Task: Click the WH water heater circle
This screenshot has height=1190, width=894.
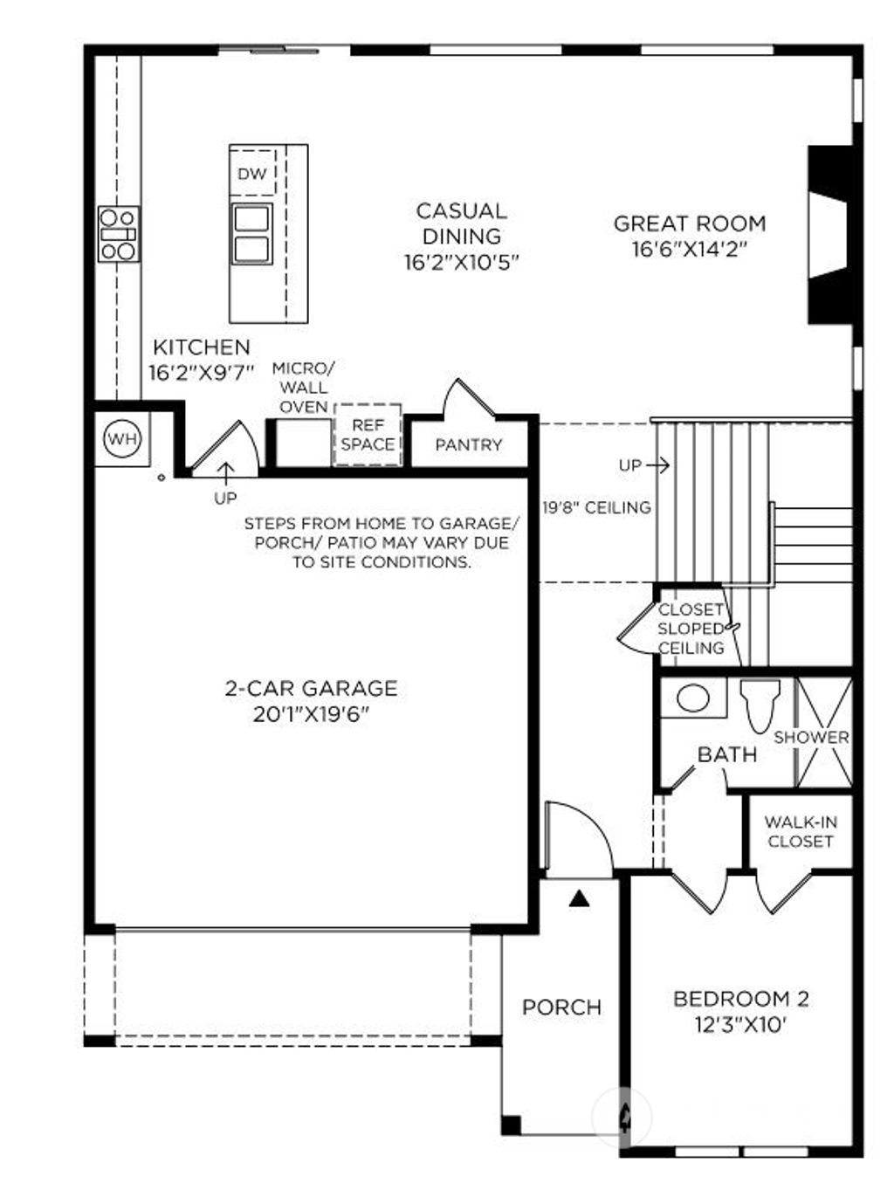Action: click(122, 438)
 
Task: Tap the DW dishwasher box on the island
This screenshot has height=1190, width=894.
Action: click(252, 174)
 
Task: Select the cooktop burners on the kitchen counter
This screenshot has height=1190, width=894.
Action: click(118, 233)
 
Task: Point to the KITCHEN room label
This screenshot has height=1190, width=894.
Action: click(201, 347)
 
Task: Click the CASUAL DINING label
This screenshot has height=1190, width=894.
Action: click(462, 224)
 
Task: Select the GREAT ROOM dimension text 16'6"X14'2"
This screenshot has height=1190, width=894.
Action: click(690, 250)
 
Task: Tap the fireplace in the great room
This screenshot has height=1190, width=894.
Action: click(827, 235)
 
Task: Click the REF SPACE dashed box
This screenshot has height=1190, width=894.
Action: click(368, 435)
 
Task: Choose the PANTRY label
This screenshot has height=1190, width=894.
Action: click(469, 444)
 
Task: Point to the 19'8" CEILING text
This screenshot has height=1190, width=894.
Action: click(596, 507)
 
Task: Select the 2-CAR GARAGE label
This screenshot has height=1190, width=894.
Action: click(311, 688)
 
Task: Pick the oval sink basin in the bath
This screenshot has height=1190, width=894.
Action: click(693, 698)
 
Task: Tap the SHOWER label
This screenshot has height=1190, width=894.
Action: click(811, 737)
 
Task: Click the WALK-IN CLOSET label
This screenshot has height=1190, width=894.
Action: click(801, 831)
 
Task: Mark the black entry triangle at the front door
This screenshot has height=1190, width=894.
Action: click(578, 898)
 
